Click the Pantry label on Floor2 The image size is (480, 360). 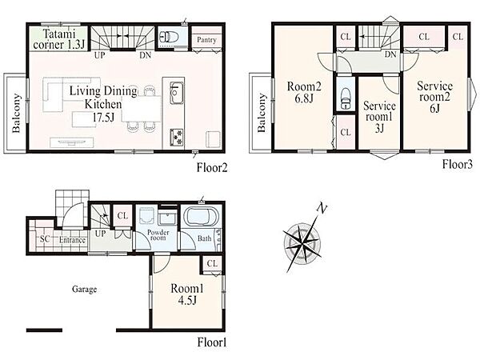pos(206,40)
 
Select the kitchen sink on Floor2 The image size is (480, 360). pos(177,93)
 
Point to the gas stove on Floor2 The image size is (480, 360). pos(177,137)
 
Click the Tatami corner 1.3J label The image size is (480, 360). pos(58,39)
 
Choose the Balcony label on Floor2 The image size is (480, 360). pos(16,114)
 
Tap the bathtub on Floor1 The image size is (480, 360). pos(201,218)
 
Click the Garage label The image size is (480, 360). pos(85,289)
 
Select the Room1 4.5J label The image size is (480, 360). pos(187,294)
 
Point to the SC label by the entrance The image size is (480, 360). pos(45,238)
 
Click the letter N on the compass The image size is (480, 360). pos(322,209)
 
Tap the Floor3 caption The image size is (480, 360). pos(457,164)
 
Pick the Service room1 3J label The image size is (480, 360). pos(379,118)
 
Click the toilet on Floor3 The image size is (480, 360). pos(346,98)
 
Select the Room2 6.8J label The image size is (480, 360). pos(304,93)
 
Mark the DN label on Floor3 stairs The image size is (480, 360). pos(390,54)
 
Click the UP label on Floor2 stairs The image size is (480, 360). pos(99,55)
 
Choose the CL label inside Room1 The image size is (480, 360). pos(212,263)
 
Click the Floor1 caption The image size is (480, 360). pos(212,342)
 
